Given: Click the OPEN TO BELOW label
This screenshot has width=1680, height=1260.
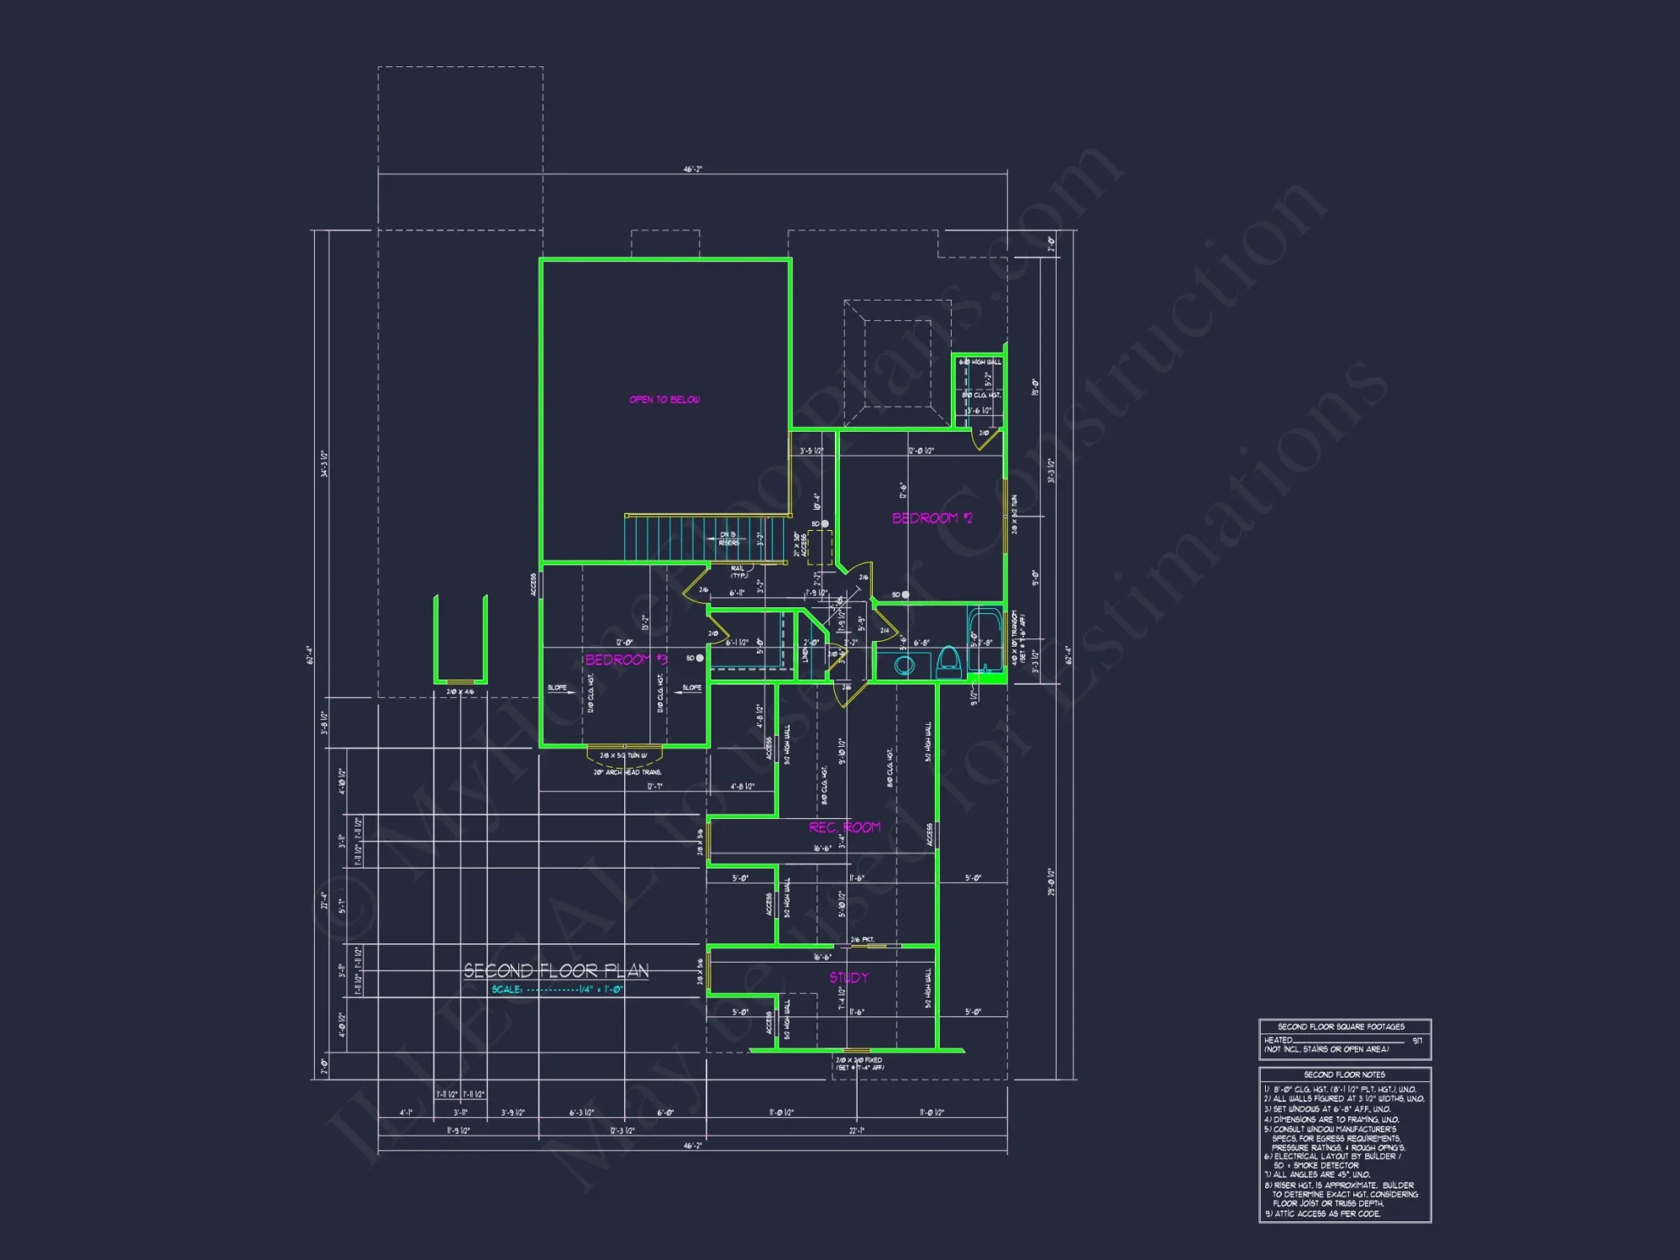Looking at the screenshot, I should tap(664, 400).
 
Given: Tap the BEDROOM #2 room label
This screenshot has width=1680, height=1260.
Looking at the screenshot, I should tap(932, 518).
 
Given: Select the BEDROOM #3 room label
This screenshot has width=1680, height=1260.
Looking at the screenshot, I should tap(626, 660).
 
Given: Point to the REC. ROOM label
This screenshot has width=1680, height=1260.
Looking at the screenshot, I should tap(845, 827).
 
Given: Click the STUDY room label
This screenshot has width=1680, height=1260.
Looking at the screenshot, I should tap(848, 978).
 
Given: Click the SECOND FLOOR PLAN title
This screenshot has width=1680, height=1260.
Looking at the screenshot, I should tap(556, 971).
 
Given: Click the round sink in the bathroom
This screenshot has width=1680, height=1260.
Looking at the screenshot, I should tap(904, 666).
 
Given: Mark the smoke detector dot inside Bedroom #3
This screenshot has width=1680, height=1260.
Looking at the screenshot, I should tap(700, 659).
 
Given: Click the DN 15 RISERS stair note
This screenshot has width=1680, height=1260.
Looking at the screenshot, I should tap(728, 539).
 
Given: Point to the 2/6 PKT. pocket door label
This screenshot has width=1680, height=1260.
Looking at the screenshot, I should tap(863, 940).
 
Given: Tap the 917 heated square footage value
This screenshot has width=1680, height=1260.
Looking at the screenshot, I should tap(1417, 1041).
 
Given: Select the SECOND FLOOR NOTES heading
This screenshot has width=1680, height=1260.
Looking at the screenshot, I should tap(1344, 1075).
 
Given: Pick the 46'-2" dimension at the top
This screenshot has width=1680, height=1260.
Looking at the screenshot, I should tap(692, 170).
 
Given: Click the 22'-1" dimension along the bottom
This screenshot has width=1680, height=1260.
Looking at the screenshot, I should tap(857, 1131).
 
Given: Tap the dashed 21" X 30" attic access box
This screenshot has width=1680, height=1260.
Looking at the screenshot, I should tap(819, 547).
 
